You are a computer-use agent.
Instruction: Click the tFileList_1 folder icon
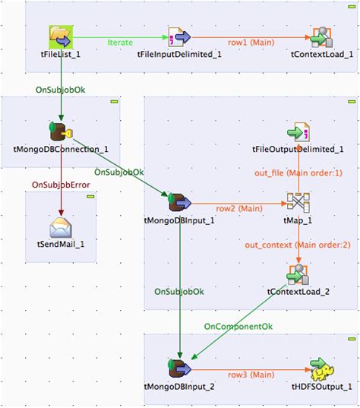tap(60, 36)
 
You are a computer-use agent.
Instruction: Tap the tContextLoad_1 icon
tap(321, 36)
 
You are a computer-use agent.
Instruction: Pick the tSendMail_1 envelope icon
tap(60, 227)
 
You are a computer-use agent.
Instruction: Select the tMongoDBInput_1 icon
tap(178, 202)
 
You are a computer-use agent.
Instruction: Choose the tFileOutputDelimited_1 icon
tap(297, 131)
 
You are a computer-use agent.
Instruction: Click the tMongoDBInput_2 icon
tap(178, 369)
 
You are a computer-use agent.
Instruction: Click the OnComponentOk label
tap(237, 326)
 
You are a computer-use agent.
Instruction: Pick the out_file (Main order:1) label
tap(297, 173)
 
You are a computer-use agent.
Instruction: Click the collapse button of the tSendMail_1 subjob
tap(90, 197)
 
